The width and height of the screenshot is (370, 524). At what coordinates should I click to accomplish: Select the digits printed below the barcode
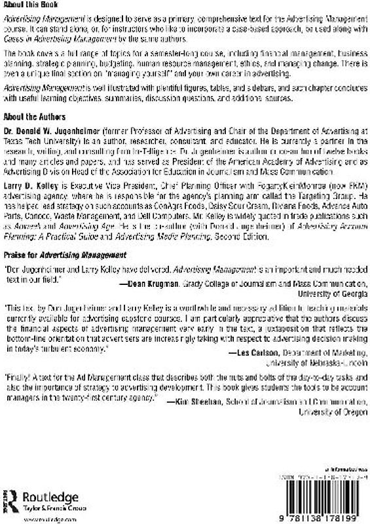click(303, 515)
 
